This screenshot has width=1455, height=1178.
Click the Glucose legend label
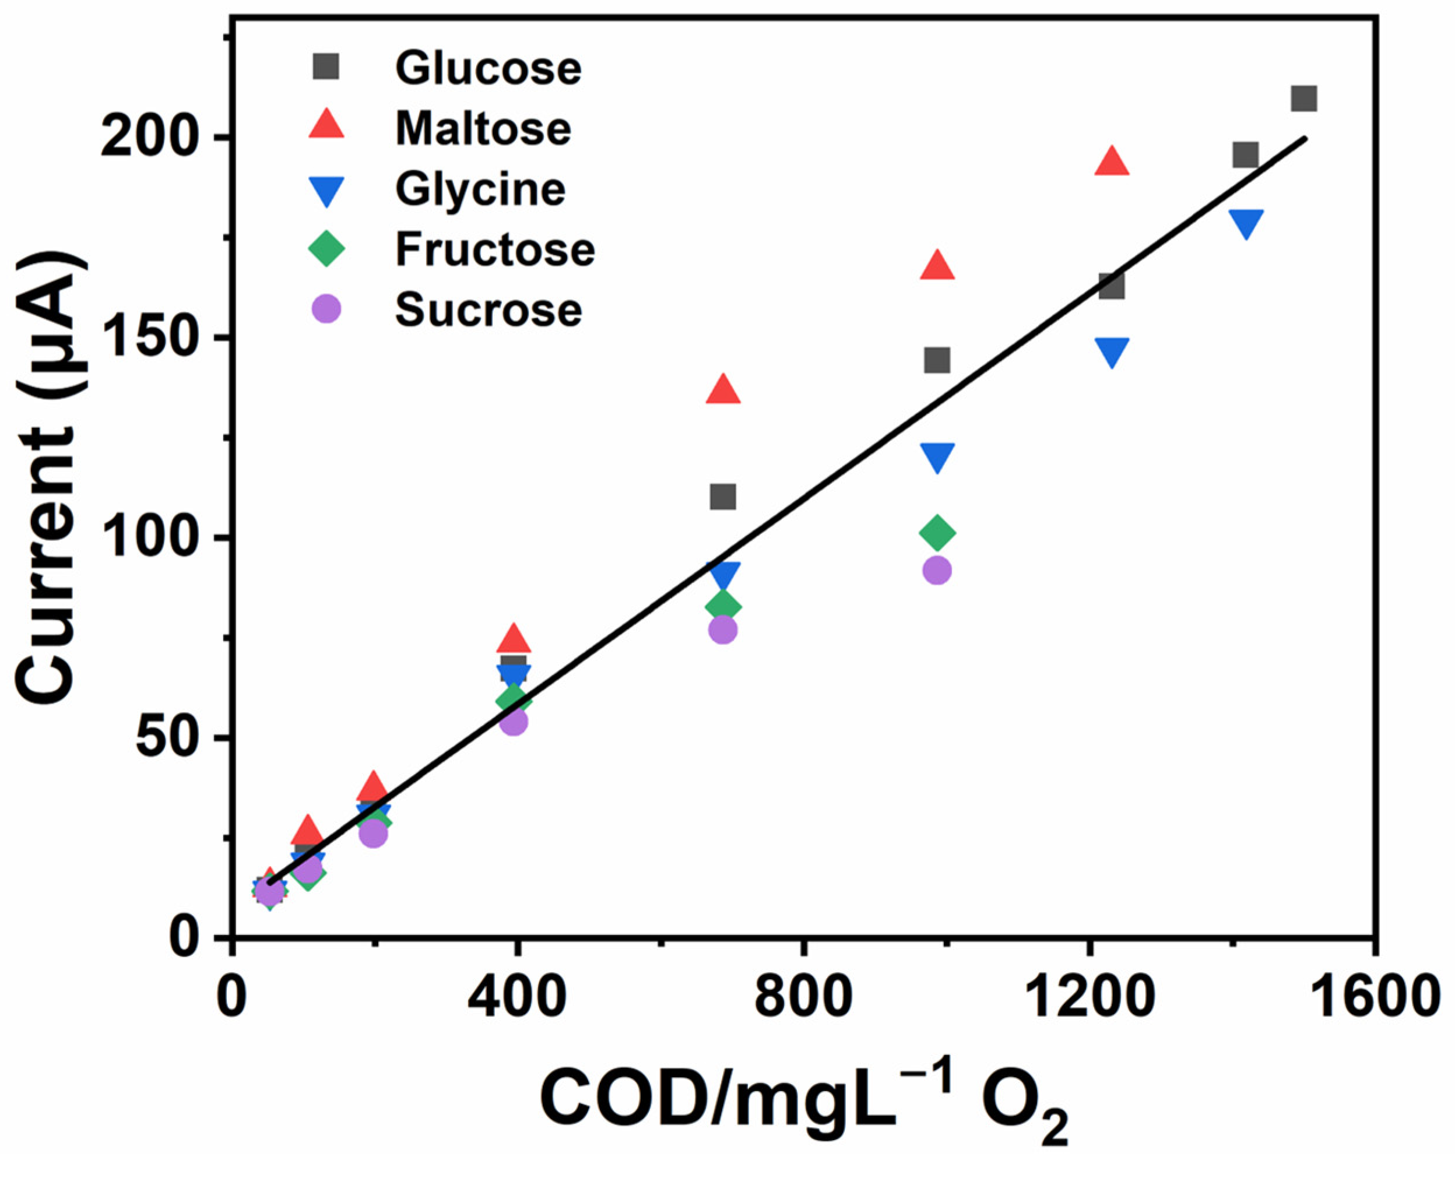tap(488, 69)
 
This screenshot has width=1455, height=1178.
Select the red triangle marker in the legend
tap(326, 126)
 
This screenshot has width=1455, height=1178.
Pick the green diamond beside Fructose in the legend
tap(326, 248)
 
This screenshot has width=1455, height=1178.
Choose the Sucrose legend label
tap(488, 310)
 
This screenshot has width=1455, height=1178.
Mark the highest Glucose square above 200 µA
tap(1303, 99)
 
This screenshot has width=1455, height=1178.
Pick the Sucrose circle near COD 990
tap(937, 571)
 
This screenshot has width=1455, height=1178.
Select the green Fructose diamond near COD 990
tap(937, 533)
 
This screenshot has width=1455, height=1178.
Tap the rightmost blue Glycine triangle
tap(1246, 223)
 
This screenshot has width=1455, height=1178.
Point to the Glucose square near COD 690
tap(723, 497)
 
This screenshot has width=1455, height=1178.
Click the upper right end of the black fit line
tap(1303, 138)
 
